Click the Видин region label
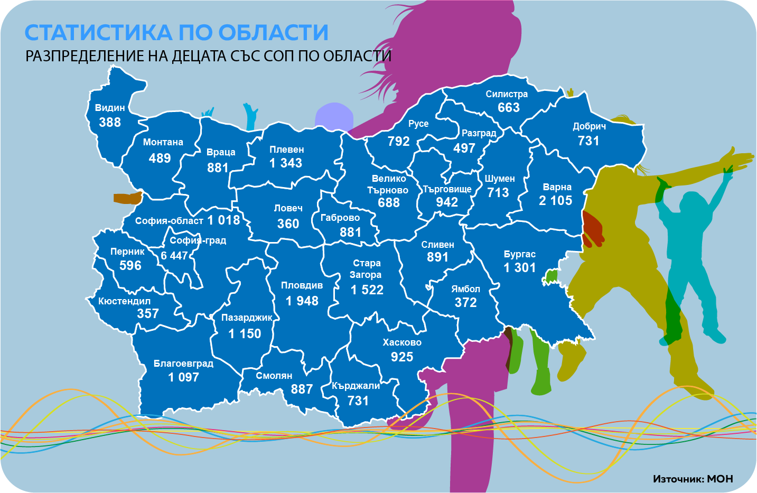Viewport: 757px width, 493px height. [110, 108]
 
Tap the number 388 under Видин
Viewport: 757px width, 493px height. [110, 123]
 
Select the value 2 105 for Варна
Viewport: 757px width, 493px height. [556, 201]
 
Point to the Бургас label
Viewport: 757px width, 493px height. [520, 254]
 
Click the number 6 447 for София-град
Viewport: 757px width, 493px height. [174, 256]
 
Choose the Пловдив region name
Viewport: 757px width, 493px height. [302, 285]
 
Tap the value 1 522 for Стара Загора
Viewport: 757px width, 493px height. [367, 290]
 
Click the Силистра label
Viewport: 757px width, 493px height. [507, 94]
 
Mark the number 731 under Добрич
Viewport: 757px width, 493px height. [588, 141]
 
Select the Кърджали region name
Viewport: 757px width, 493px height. [356, 386]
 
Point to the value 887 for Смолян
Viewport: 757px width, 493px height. [302, 389]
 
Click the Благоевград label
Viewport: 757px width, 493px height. [183, 364]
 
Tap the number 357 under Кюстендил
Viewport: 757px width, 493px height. [148, 314]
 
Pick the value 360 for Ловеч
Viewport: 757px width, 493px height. [288, 224]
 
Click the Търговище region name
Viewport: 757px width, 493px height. [447, 189]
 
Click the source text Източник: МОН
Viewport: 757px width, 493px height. [693, 479]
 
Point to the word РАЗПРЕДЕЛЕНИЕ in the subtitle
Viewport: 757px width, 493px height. [85, 56]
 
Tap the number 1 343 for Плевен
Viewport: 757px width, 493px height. [286, 163]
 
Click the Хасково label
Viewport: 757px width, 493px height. [402, 342]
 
